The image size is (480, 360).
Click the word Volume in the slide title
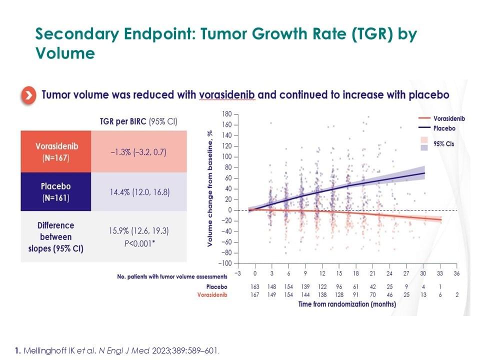[65, 53]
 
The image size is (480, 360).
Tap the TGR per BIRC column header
[138, 121]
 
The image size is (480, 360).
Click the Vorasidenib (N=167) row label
[56, 152]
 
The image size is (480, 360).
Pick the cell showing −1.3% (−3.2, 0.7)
[139, 152]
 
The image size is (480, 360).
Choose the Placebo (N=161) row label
[56, 191]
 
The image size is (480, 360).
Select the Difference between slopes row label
[56, 236]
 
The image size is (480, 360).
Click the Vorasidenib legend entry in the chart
[449, 119]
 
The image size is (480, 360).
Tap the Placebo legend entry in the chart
[444, 128]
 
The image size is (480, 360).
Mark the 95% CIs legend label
[443, 144]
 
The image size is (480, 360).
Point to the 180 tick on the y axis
[226, 114]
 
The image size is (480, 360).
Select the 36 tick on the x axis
[456, 274]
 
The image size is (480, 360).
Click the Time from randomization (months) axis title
[347, 304]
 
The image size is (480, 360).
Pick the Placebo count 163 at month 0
[255, 287]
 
